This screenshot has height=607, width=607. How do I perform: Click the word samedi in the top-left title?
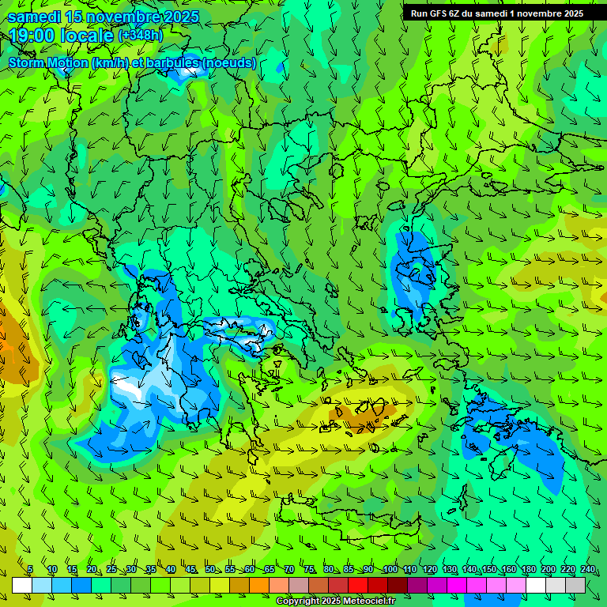[x=32, y=17]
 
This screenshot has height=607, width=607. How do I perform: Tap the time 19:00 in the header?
[x=29, y=36]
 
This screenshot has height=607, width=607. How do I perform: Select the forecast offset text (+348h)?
[x=141, y=36]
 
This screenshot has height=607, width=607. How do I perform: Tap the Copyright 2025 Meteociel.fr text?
[x=336, y=601]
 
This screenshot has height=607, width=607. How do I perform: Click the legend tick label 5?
[x=30, y=570]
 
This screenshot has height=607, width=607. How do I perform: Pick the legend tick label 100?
[x=390, y=570]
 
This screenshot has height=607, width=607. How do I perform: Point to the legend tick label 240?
[x=588, y=570]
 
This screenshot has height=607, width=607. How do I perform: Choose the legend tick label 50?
[x=210, y=570]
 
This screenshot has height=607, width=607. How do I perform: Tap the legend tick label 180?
[x=528, y=570]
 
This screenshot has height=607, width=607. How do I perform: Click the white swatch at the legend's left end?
[x=22, y=585]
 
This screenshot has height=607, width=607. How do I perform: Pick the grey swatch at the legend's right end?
[x=576, y=585]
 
